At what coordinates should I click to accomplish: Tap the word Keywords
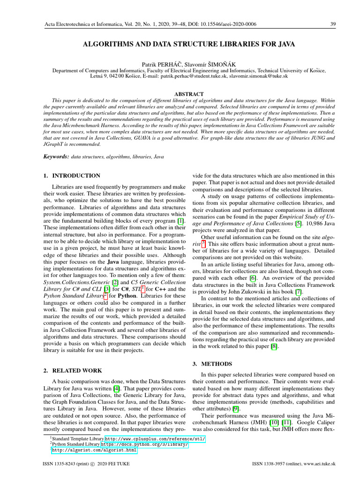coord(56,156)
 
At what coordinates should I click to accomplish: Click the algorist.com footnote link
coord(94,450)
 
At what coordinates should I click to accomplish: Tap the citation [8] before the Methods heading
coord(274,346)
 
